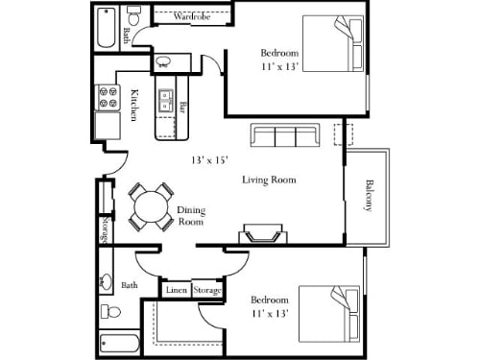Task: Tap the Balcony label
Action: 369,196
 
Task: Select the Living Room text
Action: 268,180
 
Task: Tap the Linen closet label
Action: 176,290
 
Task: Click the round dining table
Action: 149,205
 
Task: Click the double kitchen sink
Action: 164,99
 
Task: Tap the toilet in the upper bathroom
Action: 136,16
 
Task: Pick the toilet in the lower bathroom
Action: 111,312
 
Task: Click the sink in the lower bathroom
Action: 106,283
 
